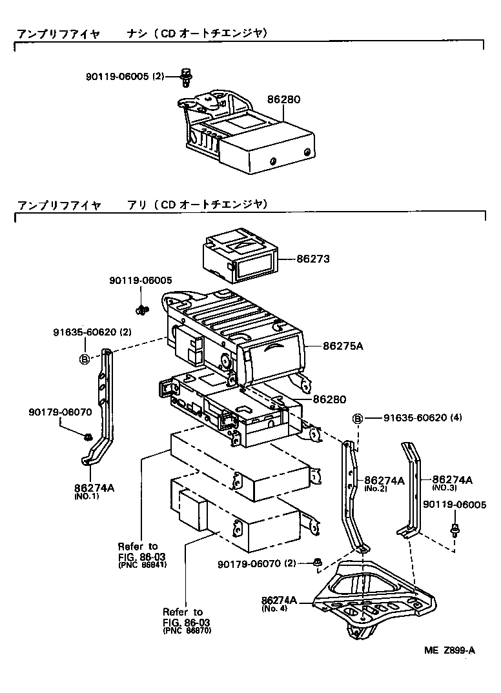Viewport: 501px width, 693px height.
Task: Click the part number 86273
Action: pos(313,259)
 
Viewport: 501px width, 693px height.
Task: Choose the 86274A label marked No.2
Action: pos(384,481)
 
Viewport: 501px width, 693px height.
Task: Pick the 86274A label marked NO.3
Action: pos(452,480)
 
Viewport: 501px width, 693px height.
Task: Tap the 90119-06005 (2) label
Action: pos(125,76)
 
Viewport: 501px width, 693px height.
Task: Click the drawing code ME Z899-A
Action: pos(450,650)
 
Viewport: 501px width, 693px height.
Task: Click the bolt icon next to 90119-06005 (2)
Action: pos(185,77)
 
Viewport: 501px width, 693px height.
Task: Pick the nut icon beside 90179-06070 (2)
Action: pos(316,563)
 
